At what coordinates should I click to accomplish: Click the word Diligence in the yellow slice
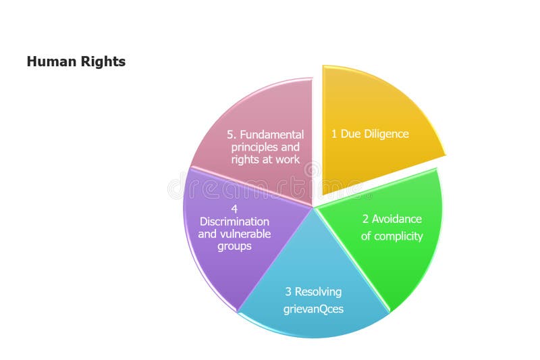386,134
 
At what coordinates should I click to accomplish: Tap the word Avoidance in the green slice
396,219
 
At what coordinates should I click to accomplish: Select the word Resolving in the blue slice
318,292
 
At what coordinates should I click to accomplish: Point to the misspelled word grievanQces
314,309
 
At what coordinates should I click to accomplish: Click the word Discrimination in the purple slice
234,222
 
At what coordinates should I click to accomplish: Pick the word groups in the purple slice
234,247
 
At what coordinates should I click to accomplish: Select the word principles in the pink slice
255,147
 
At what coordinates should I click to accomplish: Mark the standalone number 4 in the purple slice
234,209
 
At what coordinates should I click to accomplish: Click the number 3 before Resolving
288,292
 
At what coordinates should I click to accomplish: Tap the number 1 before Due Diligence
333,134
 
